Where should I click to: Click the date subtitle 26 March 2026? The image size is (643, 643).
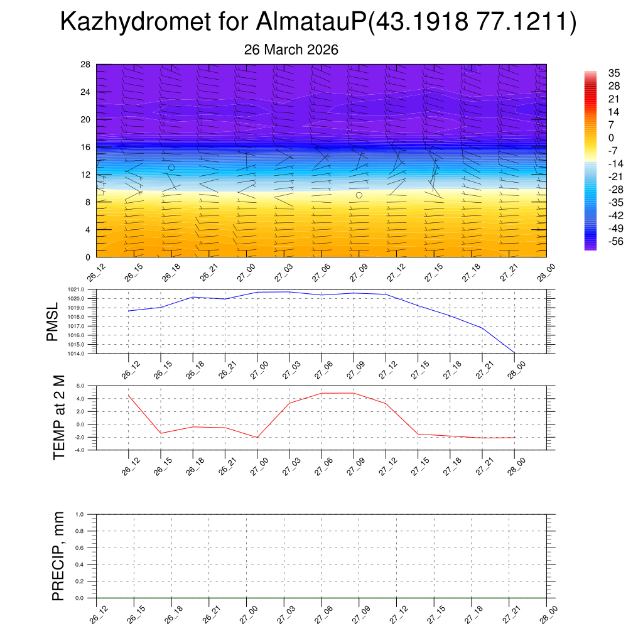(x=291, y=50)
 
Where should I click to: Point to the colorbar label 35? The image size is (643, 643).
(x=615, y=73)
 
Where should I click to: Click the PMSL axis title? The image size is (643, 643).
(x=52, y=322)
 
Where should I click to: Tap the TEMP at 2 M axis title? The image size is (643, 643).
(x=59, y=418)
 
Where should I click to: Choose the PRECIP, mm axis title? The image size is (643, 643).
(x=58, y=556)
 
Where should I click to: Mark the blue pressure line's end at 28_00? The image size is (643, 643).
(x=515, y=353)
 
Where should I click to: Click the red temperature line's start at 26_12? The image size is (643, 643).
(x=129, y=395)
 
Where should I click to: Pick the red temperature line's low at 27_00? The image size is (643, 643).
(x=257, y=437)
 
